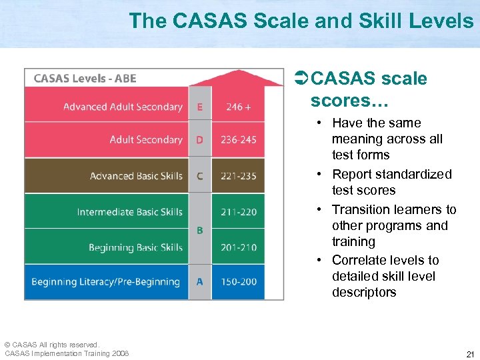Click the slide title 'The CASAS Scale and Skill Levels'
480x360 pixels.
pyautogui.click(x=301, y=21)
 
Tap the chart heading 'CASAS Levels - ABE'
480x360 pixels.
pyautogui.click(x=85, y=79)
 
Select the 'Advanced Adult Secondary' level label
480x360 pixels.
pyautogui.click(x=123, y=107)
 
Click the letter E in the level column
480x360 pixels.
pyautogui.click(x=200, y=107)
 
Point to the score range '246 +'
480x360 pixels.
pyautogui.click(x=239, y=107)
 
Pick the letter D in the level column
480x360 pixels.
pyautogui.click(x=200, y=140)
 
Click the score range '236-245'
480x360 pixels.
pyautogui.click(x=239, y=140)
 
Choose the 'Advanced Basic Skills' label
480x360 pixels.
pyautogui.click(x=136, y=176)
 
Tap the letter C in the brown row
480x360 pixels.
pyautogui.click(x=200, y=176)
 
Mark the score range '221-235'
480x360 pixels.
pyautogui.click(x=239, y=176)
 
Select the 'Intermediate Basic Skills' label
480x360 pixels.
pyautogui.click(x=129, y=212)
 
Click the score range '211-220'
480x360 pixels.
pyautogui.click(x=239, y=212)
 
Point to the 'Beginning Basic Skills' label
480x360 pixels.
pyautogui.click(x=135, y=247)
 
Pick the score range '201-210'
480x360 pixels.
pyautogui.click(x=239, y=247)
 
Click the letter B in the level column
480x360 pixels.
pyautogui.click(x=200, y=230)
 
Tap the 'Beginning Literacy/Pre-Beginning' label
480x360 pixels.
pyautogui.click(x=105, y=282)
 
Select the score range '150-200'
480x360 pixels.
pyautogui.click(x=239, y=282)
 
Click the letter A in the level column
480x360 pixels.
pyautogui.click(x=200, y=282)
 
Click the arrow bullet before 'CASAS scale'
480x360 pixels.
pyautogui.click(x=301, y=79)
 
